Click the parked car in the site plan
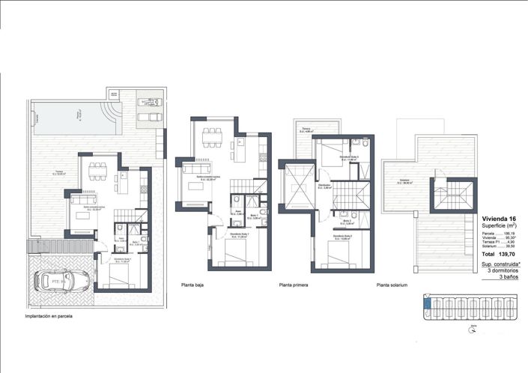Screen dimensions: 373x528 [62, 280]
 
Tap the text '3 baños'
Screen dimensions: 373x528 [509, 278]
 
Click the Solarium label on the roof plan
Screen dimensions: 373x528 [405, 181]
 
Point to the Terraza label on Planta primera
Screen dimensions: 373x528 [306, 129]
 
